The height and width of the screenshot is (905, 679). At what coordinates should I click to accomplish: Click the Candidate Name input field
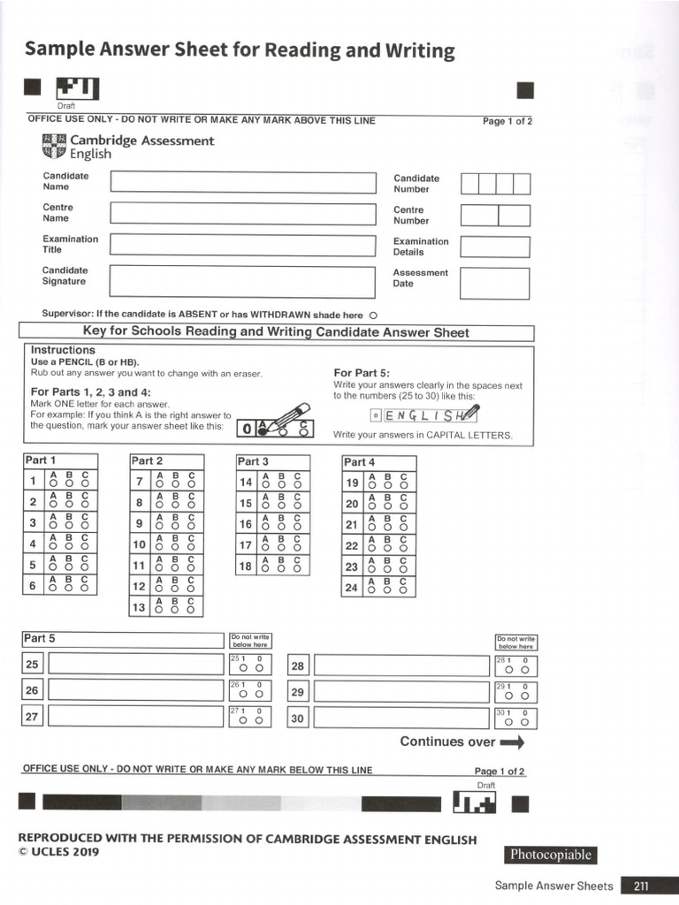tap(243, 182)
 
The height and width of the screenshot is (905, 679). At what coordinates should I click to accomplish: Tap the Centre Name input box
tap(243, 213)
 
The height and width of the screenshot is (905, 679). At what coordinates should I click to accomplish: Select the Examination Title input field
tap(243, 245)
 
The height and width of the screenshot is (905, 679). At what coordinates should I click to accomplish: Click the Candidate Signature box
tap(243, 282)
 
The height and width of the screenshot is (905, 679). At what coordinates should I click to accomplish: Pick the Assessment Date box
tap(494, 283)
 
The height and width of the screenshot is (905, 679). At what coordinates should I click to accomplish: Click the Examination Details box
tap(494, 247)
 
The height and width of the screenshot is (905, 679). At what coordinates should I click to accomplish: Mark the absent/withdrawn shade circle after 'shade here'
tap(373, 316)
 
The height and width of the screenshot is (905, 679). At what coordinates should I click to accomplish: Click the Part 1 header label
tap(41, 460)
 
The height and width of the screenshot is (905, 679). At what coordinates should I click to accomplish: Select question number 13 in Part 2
tap(139, 607)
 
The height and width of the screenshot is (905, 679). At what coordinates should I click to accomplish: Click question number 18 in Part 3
tap(246, 567)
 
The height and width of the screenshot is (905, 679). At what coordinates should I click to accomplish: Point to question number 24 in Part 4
tap(352, 587)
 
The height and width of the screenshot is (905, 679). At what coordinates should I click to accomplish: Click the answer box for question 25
tap(136, 665)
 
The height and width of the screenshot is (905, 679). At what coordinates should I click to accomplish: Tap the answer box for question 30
tap(401, 718)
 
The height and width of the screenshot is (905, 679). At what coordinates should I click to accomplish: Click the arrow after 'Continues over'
tap(512, 742)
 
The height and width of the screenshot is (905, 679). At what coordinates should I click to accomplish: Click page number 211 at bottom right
tap(640, 886)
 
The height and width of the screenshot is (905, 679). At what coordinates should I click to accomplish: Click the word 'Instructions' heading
tap(63, 350)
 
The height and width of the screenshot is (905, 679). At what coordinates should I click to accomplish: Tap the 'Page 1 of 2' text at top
tap(507, 121)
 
